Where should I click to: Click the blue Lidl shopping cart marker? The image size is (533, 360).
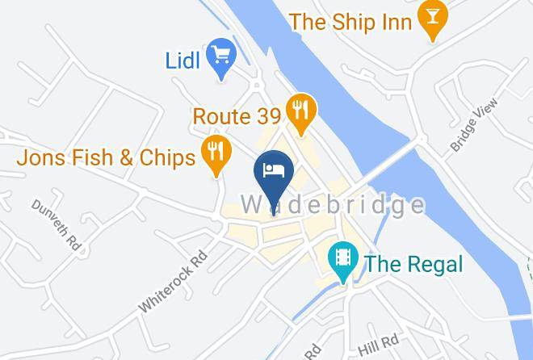(x=220, y=57)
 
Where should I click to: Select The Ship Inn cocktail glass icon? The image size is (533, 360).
(x=434, y=20)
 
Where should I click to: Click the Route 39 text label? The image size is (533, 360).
(x=236, y=115)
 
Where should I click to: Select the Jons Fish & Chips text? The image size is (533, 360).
(x=106, y=157)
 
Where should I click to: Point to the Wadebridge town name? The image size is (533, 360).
(x=333, y=204)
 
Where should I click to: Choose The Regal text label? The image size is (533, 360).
(x=413, y=263)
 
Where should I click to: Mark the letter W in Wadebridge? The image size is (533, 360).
(x=252, y=204)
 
